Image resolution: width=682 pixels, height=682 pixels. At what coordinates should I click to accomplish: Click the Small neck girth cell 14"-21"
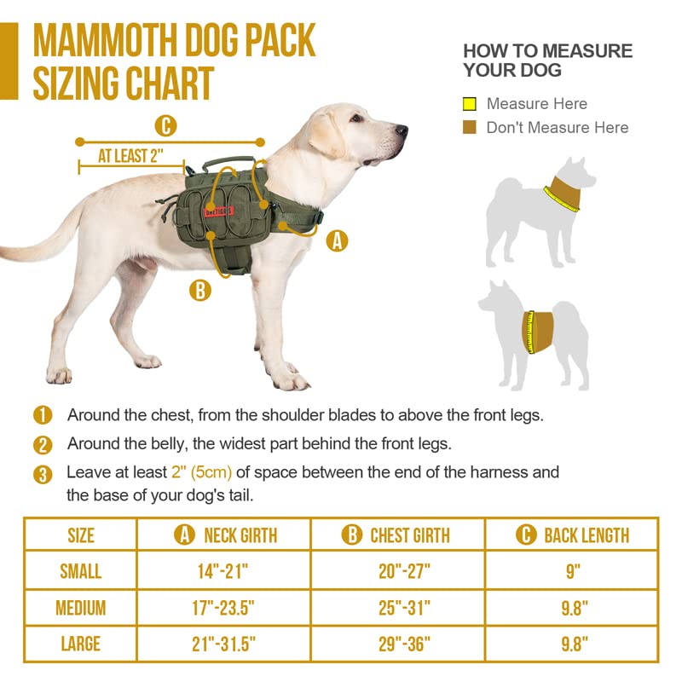(x=226, y=570)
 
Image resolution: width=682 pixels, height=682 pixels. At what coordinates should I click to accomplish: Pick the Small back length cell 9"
(x=572, y=570)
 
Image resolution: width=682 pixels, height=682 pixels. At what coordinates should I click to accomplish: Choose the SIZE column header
(x=81, y=535)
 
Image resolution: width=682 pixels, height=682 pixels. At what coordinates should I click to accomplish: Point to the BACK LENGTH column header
(x=572, y=535)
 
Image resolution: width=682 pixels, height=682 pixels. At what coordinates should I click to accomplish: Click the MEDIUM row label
(x=81, y=608)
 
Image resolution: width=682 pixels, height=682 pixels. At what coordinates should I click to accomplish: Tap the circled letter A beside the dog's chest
(x=338, y=241)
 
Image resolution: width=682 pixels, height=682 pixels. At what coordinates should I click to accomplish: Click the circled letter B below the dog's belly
(x=199, y=290)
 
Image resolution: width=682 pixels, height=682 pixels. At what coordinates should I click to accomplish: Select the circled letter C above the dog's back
(x=165, y=127)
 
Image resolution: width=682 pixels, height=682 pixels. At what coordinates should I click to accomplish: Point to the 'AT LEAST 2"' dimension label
(x=130, y=156)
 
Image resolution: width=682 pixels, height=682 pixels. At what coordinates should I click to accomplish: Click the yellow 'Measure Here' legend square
(x=469, y=105)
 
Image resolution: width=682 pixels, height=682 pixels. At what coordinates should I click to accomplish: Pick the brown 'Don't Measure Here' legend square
(x=469, y=128)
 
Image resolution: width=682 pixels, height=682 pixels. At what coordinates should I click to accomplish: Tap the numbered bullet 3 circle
(x=43, y=474)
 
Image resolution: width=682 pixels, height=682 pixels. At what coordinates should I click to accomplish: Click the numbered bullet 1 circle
(x=43, y=416)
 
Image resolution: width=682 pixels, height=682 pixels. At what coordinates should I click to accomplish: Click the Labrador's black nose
(x=402, y=130)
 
